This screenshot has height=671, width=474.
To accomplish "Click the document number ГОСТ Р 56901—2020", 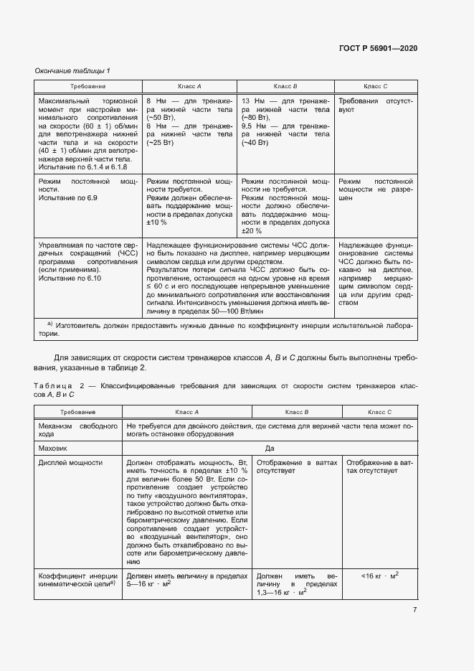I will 377,48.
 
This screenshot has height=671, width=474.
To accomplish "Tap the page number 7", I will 414,610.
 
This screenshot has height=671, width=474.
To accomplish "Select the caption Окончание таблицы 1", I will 72,70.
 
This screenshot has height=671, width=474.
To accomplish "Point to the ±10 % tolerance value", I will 156,222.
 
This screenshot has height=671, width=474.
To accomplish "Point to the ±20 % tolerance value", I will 252,231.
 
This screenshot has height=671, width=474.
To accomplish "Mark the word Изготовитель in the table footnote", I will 82,325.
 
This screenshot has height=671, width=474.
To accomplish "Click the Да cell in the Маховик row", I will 270,447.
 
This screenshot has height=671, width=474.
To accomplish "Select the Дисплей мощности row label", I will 70,463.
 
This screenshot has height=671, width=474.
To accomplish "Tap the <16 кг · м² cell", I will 380,575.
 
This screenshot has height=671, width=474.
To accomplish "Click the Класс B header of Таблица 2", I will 296,412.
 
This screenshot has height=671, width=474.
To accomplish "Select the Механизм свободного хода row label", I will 77,431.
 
